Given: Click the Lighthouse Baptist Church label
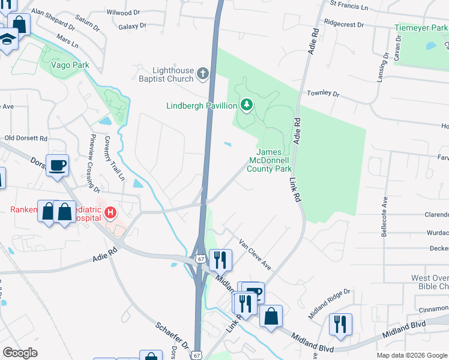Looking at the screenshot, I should tap(164, 74).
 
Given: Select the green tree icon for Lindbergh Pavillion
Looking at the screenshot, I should tap(246, 106).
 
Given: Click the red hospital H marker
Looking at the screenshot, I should tap(110, 212).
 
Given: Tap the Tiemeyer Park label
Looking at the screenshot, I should tap(421, 28).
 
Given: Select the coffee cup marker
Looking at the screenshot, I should tap(57, 165).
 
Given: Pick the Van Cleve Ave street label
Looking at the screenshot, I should tap(255, 254).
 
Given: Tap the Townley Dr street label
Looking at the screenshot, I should tap(323, 94).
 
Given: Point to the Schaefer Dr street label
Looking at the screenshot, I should tap(172, 338).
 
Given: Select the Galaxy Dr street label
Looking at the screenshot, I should tap(132, 26).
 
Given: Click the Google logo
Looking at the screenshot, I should tap(20, 353).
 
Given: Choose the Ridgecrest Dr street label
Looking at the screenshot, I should tap(344, 25).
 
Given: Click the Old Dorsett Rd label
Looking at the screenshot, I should tap(26, 138).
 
